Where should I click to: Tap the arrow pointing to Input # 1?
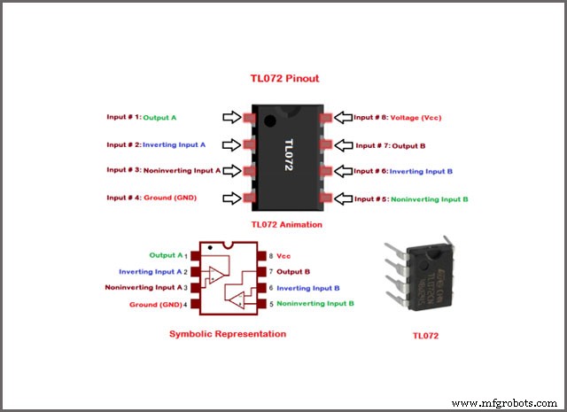tap(232, 118)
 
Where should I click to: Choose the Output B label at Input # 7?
tap(409, 145)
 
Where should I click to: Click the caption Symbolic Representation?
tap(228, 334)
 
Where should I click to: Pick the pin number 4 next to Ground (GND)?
tap(185, 304)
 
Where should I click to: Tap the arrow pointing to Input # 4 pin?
tap(232, 198)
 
